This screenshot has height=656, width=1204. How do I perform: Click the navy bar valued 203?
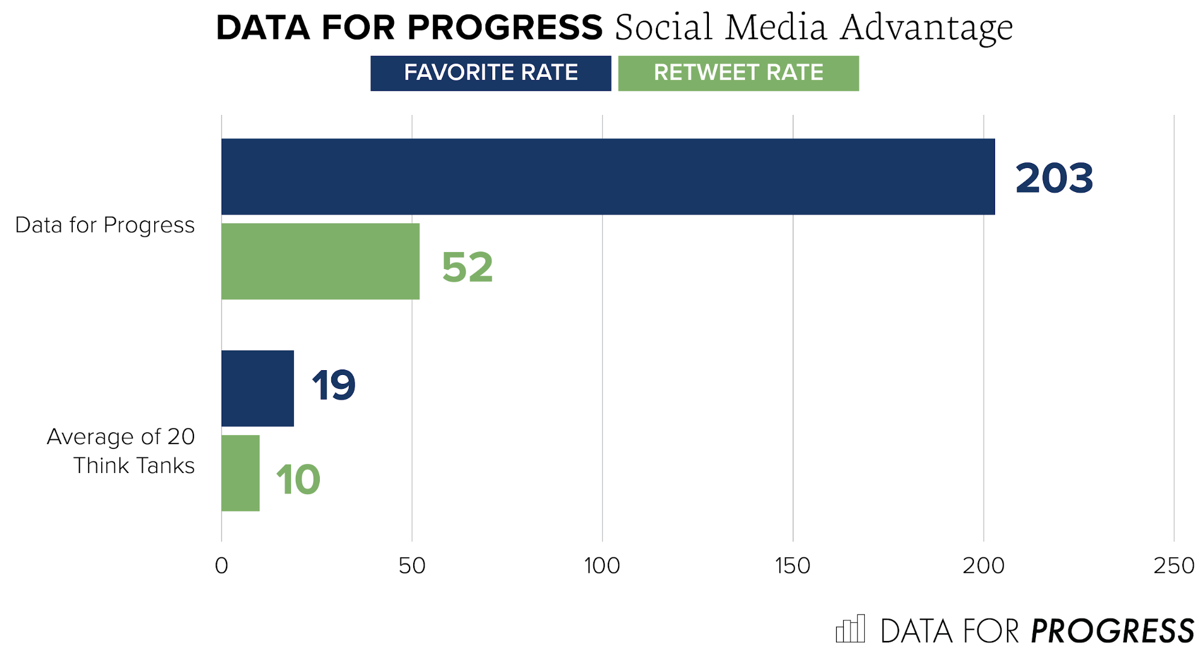pos(608,176)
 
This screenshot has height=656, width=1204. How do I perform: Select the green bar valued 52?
pos(320,261)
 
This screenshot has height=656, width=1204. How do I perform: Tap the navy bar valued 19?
pos(257,388)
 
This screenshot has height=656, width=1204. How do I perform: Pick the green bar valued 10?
pos(240,473)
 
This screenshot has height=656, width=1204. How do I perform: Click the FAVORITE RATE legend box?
pos(490,73)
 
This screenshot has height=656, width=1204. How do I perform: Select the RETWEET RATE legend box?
pos(738,73)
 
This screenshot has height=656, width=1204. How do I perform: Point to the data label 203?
pos(1053,178)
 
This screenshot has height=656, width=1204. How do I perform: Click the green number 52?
pos(467,267)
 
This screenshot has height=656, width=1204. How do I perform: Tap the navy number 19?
pos(334,385)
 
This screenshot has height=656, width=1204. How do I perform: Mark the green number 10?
pos(298,480)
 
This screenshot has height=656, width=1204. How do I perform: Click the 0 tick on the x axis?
pos(221,566)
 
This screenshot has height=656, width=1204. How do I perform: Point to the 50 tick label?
pos(412,566)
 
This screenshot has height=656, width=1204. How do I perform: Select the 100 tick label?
pos(602,566)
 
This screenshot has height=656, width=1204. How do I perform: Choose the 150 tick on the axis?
pos(793,566)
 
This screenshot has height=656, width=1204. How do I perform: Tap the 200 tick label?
pos(983,566)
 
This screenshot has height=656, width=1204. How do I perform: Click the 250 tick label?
pos(1173,566)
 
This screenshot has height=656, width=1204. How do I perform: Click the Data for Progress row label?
pos(105,225)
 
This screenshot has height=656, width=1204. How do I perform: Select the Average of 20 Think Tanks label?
pos(121,451)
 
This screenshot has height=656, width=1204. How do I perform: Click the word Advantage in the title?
pos(927,28)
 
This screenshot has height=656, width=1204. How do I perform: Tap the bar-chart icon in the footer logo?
pos(850,629)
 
